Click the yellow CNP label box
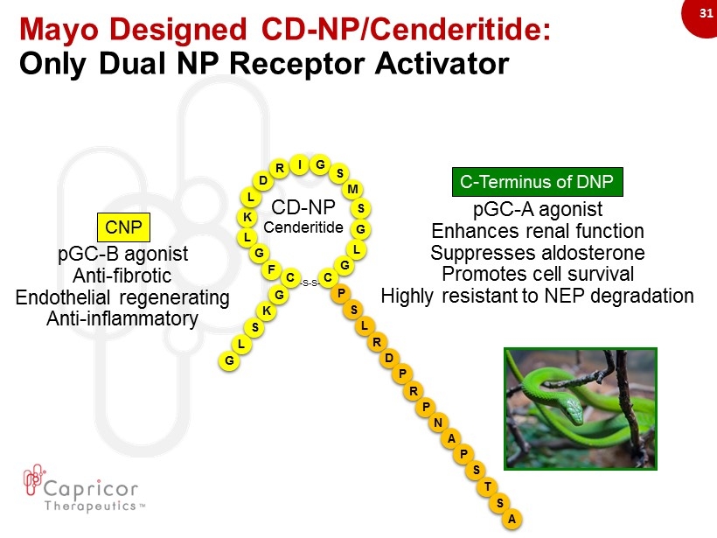click(123, 227)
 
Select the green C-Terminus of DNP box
click(537, 182)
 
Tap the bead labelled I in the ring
click(300, 164)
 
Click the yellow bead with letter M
click(352, 189)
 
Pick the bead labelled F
click(271, 269)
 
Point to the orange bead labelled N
click(438, 423)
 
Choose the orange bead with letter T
click(488, 486)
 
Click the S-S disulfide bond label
click(310, 283)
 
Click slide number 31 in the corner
click(706, 13)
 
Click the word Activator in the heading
click(442, 63)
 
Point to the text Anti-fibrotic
click(122, 276)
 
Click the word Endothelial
click(63, 297)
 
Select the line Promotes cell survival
click(538, 274)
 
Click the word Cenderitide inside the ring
click(303, 227)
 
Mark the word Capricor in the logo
click(91, 489)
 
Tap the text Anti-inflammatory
click(122, 319)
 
